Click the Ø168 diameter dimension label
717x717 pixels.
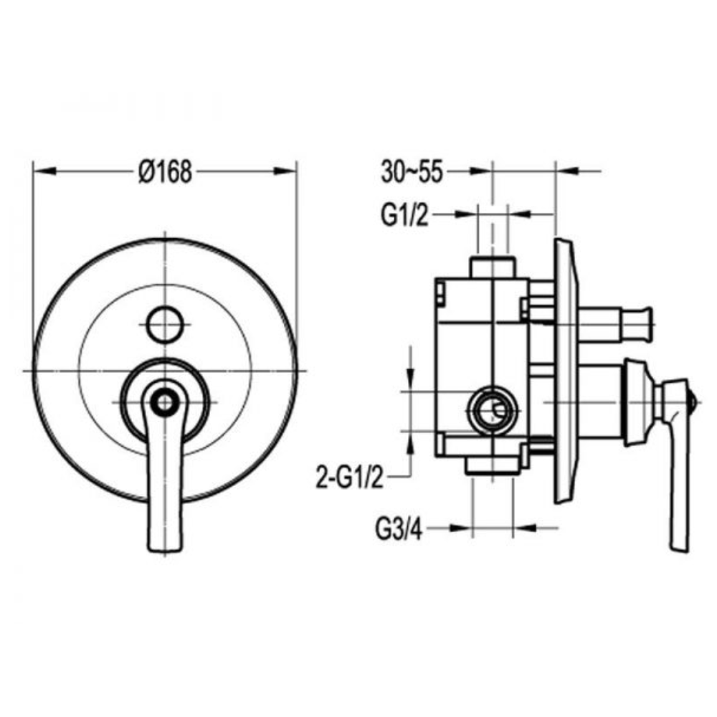[x=166, y=171]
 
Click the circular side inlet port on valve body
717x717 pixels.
[x=493, y=410]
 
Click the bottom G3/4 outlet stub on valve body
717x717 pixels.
[x=493, y=466]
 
